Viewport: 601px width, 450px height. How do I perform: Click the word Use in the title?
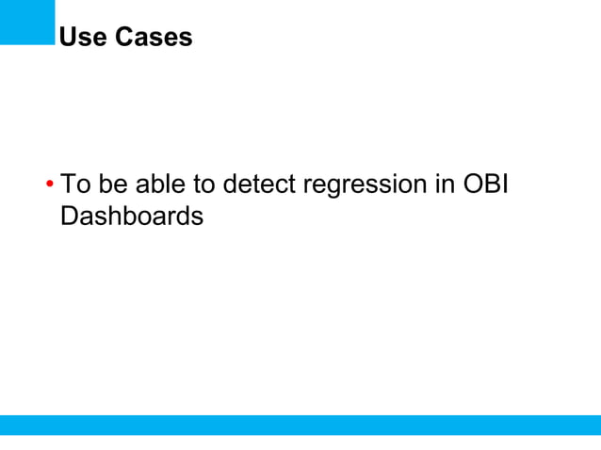83,38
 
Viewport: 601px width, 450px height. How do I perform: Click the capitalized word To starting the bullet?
73,184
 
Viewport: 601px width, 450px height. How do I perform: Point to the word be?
109,184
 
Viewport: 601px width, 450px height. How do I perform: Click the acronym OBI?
485,184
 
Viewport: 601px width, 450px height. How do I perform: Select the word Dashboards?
131,216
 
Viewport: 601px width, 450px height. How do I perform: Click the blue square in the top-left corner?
27,22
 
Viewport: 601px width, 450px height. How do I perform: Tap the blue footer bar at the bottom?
300,425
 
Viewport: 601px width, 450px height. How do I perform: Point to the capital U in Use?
67,38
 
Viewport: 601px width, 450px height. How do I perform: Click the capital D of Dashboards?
67,216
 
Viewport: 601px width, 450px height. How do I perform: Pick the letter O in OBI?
473,184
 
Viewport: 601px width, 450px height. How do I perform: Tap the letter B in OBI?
493,184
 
